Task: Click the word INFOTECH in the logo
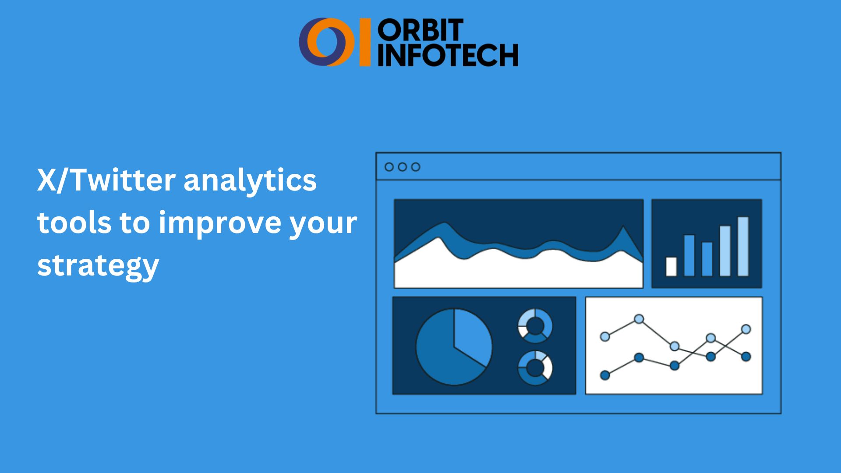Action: click(x=448, y=55)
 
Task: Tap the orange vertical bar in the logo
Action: click(x=365, y=42)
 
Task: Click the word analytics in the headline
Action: click(x=250, y=180)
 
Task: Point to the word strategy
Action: click(x=98, y=265)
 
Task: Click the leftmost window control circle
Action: click(x=389, y=167)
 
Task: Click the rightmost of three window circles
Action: click(x=416, y=167)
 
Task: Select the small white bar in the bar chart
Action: click(x=671, y=266)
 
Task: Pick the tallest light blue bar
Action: click(x=743, y=246)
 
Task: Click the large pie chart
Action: click(x=454, y=347)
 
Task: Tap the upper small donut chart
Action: click(x=535, y=326)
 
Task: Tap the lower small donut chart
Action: click(x=535, y=368)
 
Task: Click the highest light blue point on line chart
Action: click(x=639, y=319)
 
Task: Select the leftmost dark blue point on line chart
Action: click(x=605, y=375)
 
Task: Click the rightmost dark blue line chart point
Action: click(x=746, y=357)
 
